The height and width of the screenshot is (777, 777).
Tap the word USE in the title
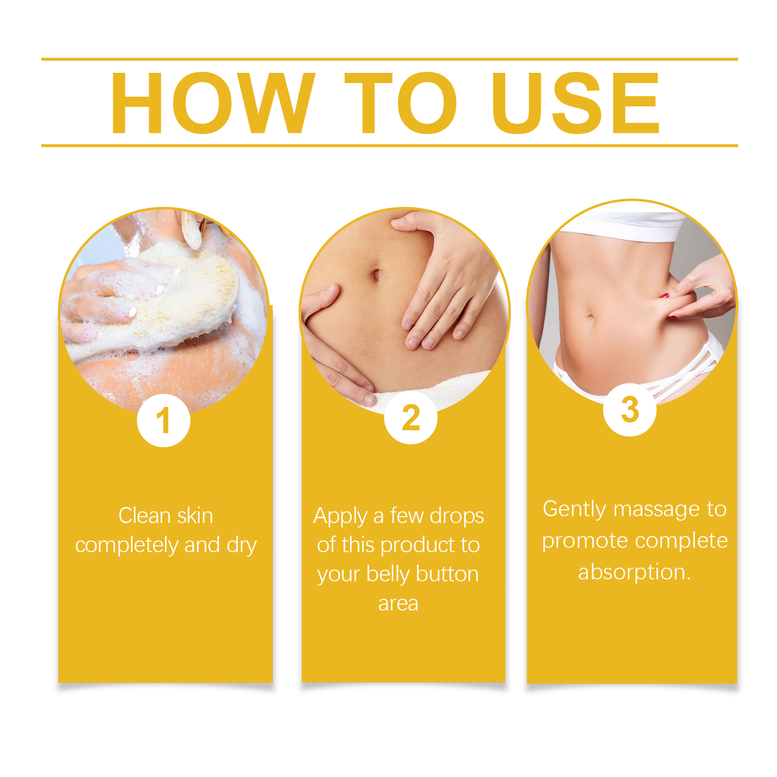click(575, 103)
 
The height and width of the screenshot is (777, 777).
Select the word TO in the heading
click(401, 103)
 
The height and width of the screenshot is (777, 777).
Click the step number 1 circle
click(164, 421)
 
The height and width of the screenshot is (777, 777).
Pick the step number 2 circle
click(411, 418)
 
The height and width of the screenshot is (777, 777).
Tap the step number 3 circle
click(630, 410)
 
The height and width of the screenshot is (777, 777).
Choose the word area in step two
click(398, 604)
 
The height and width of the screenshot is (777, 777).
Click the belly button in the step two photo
click(375, 275)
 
